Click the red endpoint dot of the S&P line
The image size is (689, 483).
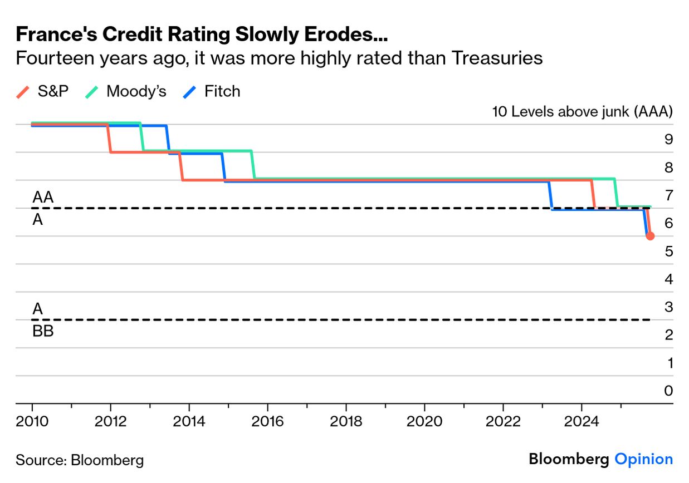[x=650, y=236]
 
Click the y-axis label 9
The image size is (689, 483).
[x=668, y=140]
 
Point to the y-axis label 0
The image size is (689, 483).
[x=668, y=391]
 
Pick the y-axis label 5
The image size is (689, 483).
[x=668, y=252]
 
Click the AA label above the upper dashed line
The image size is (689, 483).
[x=43, y=198]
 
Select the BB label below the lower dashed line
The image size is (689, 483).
[x=43, y=332]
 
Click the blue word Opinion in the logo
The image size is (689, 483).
[x=643, y=459]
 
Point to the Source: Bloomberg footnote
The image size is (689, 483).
[x=80, y=460]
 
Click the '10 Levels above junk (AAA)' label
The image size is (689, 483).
[x=582, y=111]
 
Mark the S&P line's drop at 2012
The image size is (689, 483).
[x=110, y=138]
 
